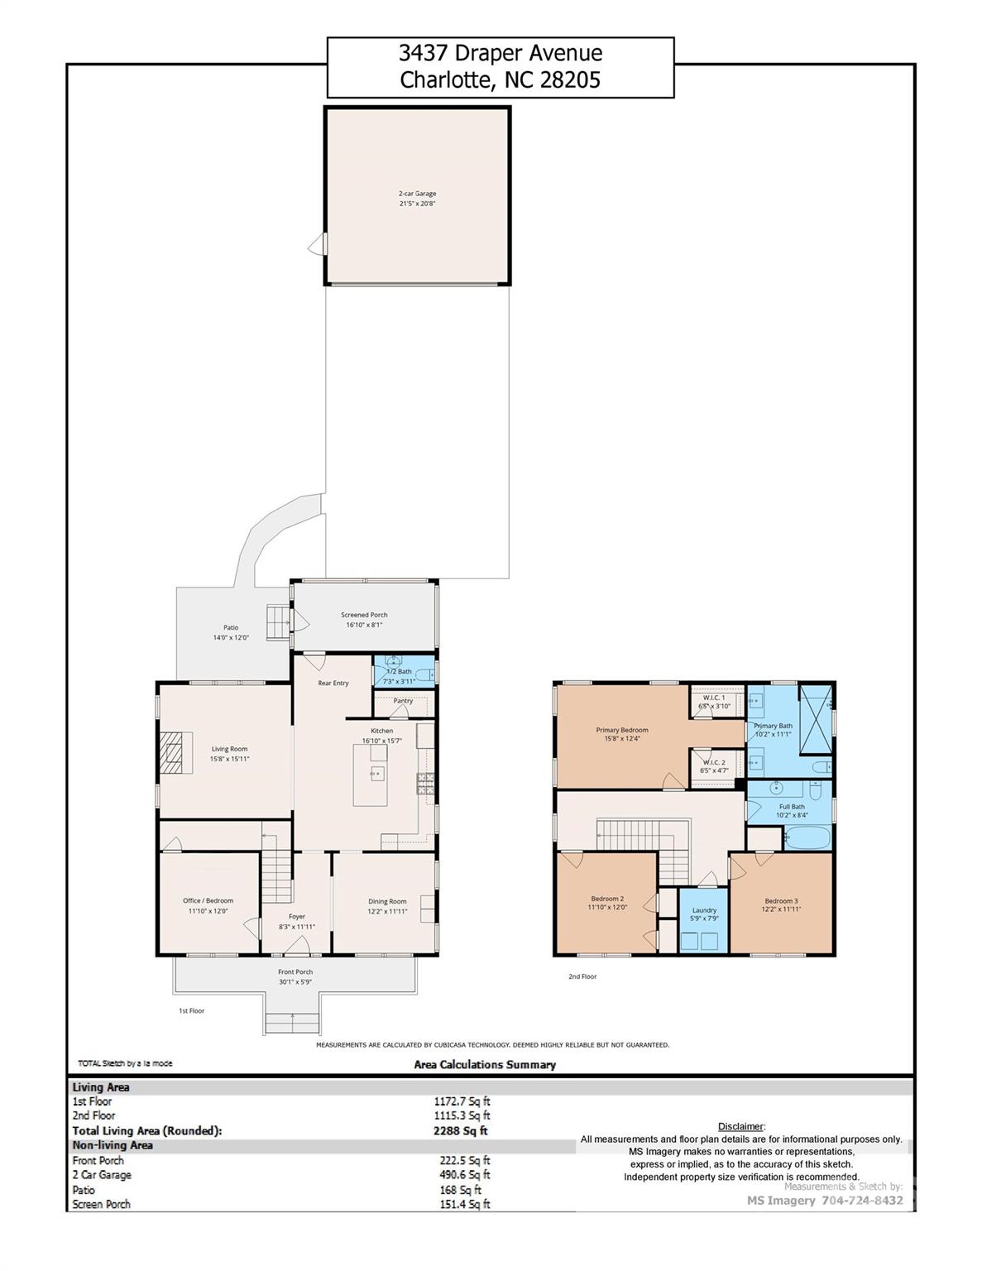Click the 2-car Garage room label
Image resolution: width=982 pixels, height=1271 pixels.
(x=417, y=194)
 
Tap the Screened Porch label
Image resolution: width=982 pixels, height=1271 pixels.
(x=364, y=615)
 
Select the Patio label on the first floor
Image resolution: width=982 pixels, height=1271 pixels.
(x=231, y=627)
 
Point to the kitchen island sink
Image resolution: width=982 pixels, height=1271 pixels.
(x=377, y=775)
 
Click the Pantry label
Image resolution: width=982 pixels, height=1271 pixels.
(x=403, y=701)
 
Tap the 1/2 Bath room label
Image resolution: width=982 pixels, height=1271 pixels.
(x=400, y=671)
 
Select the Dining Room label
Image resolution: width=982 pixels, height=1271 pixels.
(x=387, y=901)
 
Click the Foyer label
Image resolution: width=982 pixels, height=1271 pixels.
(x=297, y=916)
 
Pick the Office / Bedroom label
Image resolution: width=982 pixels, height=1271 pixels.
(x=208, y=900)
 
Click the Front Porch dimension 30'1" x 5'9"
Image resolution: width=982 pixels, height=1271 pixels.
(x=295, y=982)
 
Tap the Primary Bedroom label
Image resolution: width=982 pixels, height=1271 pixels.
(x=622, y=730)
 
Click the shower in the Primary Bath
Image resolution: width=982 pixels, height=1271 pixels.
(x=816, y=719)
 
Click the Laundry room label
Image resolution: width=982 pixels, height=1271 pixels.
(x=704, y=909)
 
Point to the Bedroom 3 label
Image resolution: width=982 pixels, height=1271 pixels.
(x=781, y=901)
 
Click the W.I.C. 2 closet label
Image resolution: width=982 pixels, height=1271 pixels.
(x=714, y=762)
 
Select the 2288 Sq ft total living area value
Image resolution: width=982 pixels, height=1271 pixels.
(x=461, y=1130)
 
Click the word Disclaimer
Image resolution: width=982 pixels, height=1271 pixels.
(x=740, y=1126)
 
